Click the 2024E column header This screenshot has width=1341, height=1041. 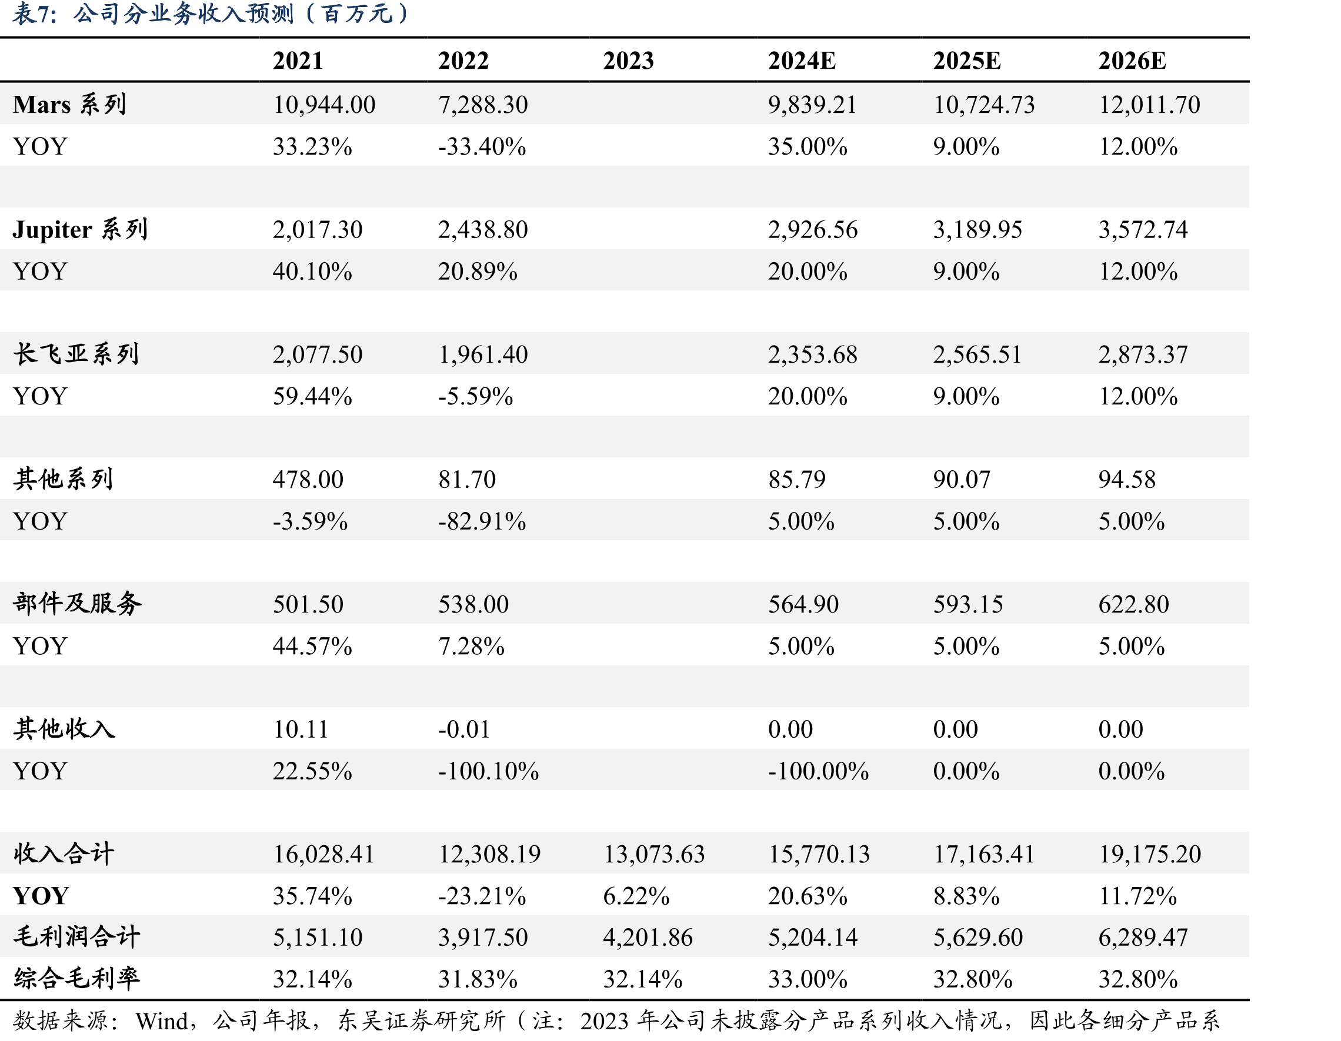point(801,61)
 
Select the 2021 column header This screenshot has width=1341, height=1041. point(298,61)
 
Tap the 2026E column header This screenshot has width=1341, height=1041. point(1132,61)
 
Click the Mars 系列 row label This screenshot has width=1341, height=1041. point(69,105)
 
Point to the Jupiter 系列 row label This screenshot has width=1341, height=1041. point(80,230)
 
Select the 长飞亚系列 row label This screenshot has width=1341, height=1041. point(76,354)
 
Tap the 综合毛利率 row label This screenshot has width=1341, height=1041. point(76,978)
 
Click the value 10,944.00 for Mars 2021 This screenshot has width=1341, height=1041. point(324,105)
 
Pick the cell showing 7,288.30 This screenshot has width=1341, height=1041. point(483,105)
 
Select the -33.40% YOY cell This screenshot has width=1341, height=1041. point(482,147)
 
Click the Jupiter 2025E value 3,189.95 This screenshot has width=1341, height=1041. point(978,230)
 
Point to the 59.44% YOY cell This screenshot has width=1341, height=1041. point(312,397)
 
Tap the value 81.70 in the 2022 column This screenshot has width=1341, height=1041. point(466,480)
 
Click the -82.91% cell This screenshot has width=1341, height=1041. point(482,521)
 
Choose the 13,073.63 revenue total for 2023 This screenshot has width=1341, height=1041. point(654,854)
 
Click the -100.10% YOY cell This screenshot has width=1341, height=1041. point(488,771)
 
